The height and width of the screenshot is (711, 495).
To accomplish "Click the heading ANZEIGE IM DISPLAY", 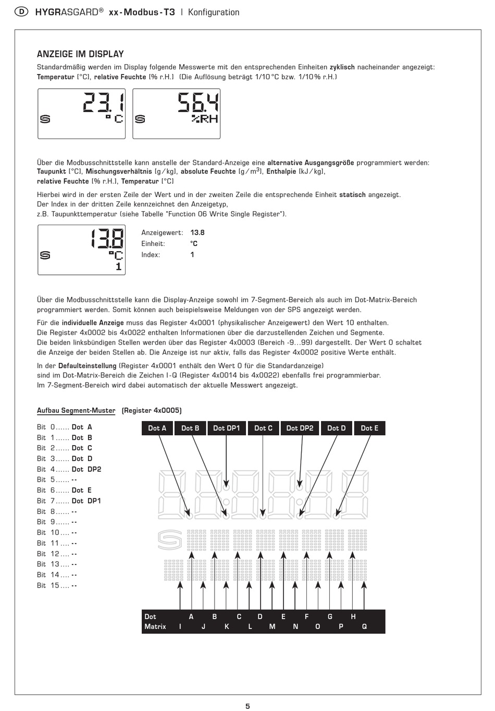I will [80, 54].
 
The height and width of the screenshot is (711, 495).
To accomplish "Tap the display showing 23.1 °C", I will [82, 114].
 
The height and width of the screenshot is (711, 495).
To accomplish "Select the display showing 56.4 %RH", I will [177, 114].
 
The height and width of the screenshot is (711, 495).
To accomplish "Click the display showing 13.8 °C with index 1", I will [82, 250].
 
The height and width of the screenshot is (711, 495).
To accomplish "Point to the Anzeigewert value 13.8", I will [197, 233].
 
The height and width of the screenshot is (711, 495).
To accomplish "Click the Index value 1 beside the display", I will [192, 255].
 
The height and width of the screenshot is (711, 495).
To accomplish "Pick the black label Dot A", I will [157, 428].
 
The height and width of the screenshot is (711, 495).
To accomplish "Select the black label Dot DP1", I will [227, 428].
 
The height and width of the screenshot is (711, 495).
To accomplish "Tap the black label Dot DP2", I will [300, 428].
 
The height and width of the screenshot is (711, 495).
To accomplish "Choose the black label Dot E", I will [369, 428].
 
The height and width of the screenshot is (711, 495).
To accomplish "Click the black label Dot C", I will [263, 428].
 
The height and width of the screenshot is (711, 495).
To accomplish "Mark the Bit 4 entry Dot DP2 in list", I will [86, 469].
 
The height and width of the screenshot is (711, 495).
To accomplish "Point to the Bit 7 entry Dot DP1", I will [86, 501].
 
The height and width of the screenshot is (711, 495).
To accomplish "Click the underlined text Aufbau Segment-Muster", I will [76, 411].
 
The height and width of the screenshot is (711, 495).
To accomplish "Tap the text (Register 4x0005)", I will [152, 411].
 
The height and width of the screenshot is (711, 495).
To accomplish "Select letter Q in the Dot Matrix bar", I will [364, 627].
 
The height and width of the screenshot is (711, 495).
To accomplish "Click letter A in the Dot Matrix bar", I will [191, 617].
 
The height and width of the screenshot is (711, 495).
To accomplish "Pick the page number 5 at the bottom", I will [247, 706].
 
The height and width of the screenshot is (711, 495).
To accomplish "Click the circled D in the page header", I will [21, 12].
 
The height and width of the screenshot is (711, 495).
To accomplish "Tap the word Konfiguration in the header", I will [214, 12].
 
